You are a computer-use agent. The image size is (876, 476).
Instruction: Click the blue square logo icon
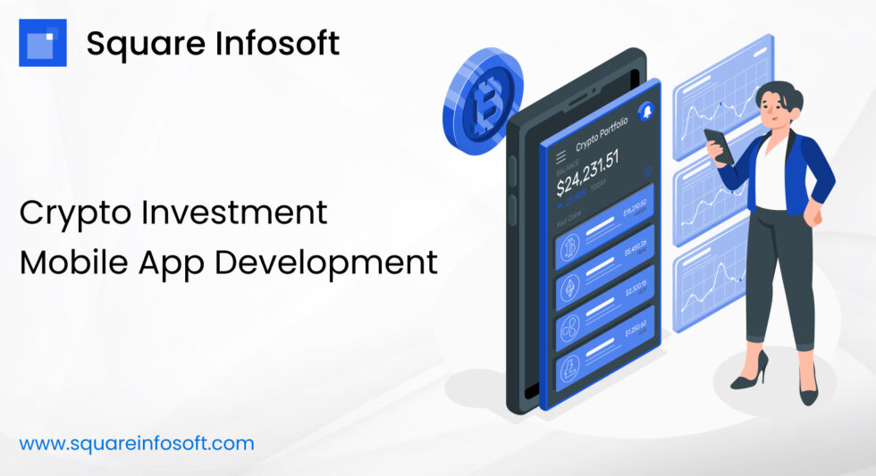pyautogui.click(x=43, y=42)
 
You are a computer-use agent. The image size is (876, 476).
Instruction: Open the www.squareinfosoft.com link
pyautogui.click(x=137, y=443)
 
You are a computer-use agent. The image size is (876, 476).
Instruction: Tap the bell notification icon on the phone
pyautogui.click(x=646, y=110)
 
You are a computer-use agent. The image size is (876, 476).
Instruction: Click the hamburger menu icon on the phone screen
pyautogui.click(x=561, y=158)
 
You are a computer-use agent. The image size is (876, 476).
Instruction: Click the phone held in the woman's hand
pyautogui.click(x=720, y=146)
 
